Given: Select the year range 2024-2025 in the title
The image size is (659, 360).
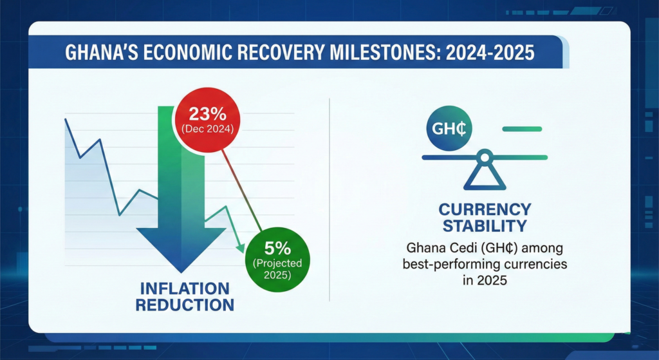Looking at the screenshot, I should tap(493, 52).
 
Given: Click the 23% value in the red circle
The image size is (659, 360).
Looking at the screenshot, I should tap(207, 114).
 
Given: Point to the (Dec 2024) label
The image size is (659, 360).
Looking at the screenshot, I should tap(207, 129).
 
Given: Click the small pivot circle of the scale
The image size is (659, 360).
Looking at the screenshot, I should tap(484, 156).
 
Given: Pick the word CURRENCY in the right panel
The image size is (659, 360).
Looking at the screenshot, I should tap(484, 209).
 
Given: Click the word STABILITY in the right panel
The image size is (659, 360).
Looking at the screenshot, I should tap(484, 226).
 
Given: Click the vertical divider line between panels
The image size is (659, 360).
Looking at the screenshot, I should tap(329, 200).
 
